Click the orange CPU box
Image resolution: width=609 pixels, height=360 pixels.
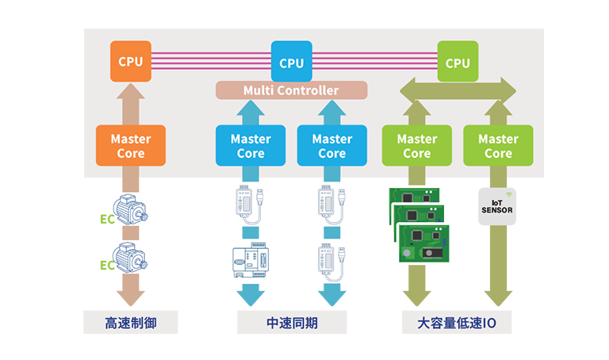(130, 62)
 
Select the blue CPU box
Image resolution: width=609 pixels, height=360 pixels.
(291, 62)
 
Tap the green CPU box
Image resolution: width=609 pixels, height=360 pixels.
(457, 62)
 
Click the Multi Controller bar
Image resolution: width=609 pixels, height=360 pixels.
(291, 90)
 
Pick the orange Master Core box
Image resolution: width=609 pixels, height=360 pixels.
(130, 146)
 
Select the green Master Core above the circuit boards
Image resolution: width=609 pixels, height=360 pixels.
(416, 146)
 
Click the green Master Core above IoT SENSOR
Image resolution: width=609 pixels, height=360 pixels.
(498, 146)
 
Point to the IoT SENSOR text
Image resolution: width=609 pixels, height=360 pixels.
(498, 207)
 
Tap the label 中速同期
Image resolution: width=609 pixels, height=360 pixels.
(291, 324)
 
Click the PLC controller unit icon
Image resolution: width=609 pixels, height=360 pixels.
(251, 259)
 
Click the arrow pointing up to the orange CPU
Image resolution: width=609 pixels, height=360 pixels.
(130, 104)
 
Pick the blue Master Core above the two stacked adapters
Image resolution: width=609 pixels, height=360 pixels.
(331, 146)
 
